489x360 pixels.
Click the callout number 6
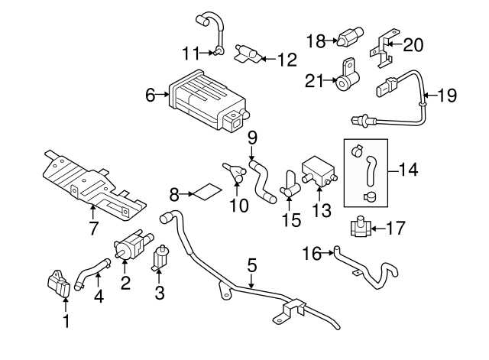coord(150,96)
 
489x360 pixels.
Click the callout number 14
coord(409,169)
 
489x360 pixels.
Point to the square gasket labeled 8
coord(202,191)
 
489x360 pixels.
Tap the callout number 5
coord(251,267)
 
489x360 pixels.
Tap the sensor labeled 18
coord(351,37)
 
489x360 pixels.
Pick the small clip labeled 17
coord(361,228)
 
